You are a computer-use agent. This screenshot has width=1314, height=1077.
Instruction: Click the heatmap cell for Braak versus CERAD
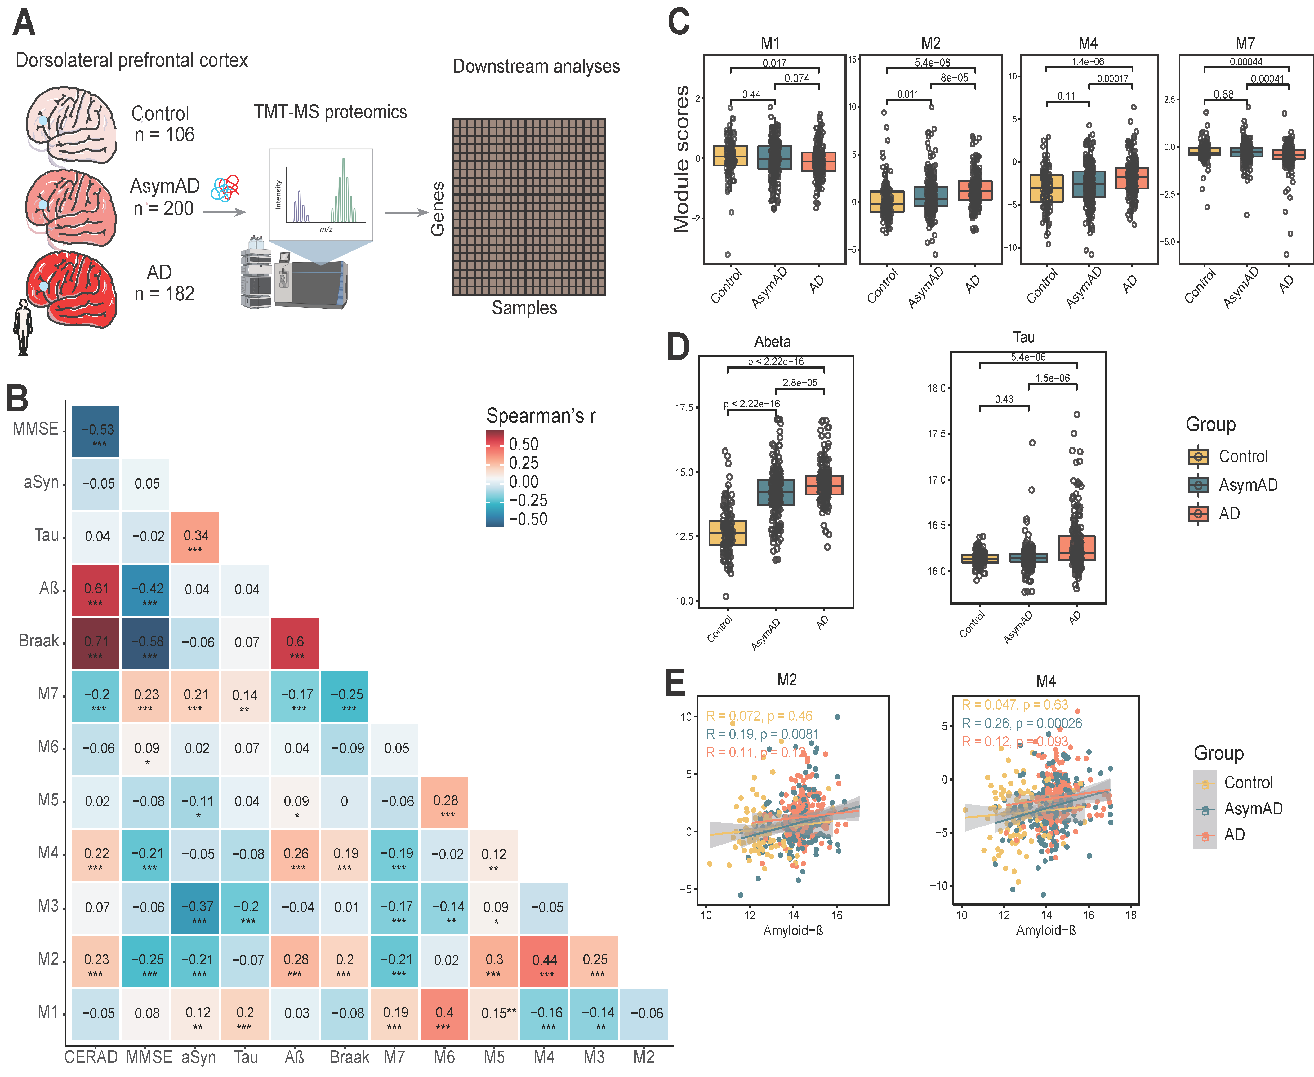pyautogui.click(x=96, y=643)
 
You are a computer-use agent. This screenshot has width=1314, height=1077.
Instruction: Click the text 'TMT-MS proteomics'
pyautogui.click(x=330, y=112)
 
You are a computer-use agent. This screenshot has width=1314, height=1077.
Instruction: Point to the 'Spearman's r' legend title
pyautogui.click(x=540, y=416)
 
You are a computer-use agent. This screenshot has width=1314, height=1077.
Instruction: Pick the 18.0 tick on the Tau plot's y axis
pyautogui.click(x=936, y=388)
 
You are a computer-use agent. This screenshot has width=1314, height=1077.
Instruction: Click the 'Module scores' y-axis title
pyautogui.click(x=682, y=159)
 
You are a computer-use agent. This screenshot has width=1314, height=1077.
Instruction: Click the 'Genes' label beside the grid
pyautogui.click(x=438, y=209)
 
